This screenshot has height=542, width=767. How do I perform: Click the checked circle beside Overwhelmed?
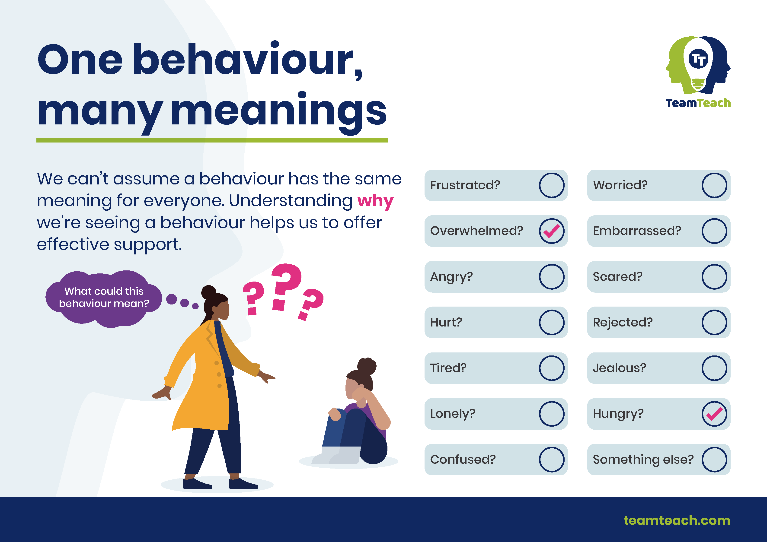pos(552,231)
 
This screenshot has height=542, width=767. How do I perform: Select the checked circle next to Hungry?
pos(714,414)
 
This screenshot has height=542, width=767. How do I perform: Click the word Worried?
pos(620,185)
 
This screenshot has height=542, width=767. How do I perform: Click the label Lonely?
pos(453,414)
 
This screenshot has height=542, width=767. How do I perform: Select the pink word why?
pos(375,201)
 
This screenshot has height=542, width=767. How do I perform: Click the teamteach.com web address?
pos(677,520)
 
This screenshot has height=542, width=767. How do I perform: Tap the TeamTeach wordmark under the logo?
pos(698,103)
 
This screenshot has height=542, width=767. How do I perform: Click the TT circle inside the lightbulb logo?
pos(698,59)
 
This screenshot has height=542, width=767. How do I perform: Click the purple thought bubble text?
pos(104,297)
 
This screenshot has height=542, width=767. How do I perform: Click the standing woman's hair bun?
pos(209,292)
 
